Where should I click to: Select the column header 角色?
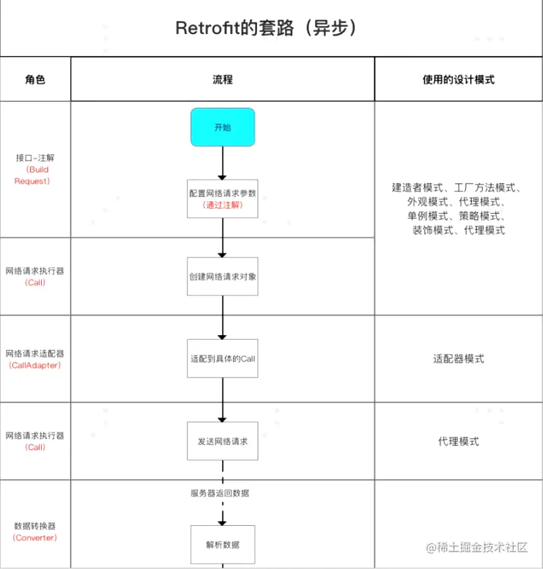pos(35,80)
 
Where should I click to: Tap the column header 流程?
pos(222,80)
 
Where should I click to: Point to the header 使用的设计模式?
pos(458,80)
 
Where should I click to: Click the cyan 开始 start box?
pos(222,127)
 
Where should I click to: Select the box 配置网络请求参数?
pos(222,198)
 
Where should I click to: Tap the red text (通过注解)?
pos(222,204)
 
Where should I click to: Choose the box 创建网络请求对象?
pos(222,276)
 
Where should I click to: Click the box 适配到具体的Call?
pos(222,358)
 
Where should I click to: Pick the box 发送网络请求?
pos(222,442)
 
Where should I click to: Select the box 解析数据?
pos(222,544)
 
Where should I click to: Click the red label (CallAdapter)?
pos(35,365)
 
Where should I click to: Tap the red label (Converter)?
pos(35,538)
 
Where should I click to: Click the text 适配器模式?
pos(458,359)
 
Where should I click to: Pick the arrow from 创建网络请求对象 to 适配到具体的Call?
pos(222,318)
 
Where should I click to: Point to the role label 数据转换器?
pos(35,526)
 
